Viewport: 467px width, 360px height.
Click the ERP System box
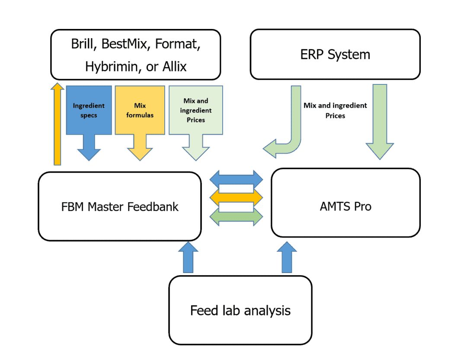[x=335, y=55]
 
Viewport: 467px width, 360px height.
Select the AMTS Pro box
[x=345, y=206]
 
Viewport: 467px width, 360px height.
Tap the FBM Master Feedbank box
[x=120, y=206]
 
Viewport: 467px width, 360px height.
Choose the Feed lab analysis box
[x=240, y=310]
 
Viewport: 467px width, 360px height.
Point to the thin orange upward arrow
[x=57, y=125]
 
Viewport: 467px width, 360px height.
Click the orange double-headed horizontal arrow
[x=236, y=197]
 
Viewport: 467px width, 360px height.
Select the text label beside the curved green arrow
[x=335, y=111]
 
